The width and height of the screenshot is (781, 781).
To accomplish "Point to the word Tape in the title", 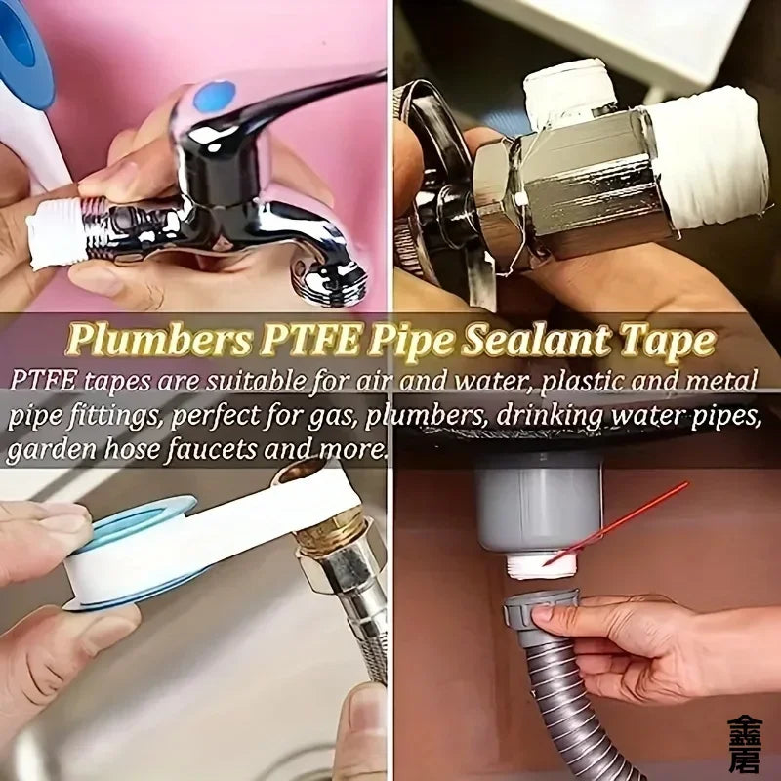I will tap(670, 342).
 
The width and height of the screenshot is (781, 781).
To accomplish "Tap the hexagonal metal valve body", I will tap(576, 185).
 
